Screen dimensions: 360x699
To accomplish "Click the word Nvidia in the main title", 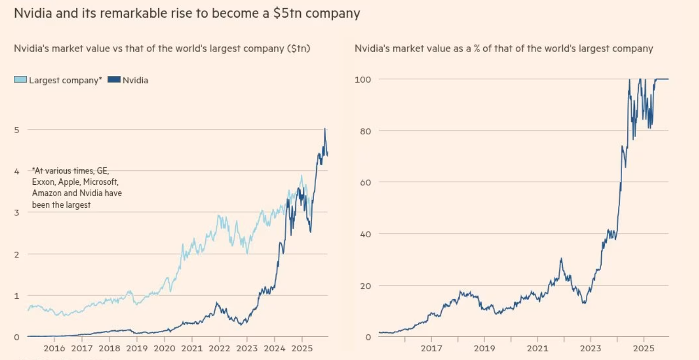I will (x=31, y=13).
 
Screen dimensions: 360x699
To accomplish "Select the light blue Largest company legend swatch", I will (x=21, y=80).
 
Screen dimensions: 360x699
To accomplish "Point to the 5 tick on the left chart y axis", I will (x=17, y=129).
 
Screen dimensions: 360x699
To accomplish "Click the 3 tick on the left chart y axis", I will (x=17, y=212).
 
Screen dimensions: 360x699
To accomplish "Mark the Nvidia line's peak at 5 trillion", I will (x=325, y=128).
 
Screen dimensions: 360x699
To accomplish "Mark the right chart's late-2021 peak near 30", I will (x=561, y=259).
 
